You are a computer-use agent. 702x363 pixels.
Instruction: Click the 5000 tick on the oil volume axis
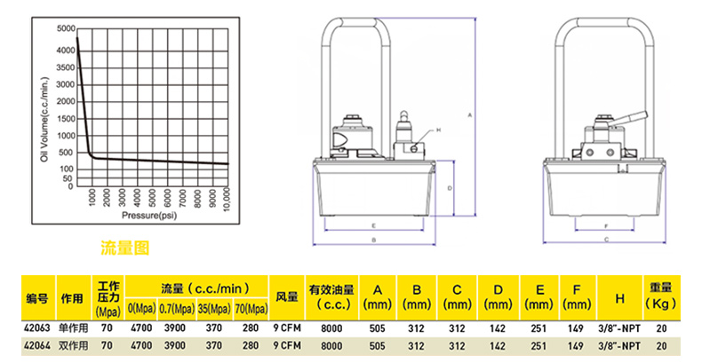[x=66, y=29]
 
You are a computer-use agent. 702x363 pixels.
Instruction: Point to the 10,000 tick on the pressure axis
[x=226, y=200]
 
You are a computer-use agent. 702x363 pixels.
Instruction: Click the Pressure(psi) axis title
[x=149, y=216]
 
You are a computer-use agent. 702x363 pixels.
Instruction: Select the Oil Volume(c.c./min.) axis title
[x=44, y=120]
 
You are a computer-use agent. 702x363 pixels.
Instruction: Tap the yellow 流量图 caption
[x=124, y=248]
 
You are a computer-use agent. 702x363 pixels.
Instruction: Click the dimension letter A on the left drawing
[x=470, y=115]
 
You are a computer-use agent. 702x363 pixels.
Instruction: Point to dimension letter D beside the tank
[x=450, y=188]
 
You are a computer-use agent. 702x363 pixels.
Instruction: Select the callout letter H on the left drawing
[x=438, y=130]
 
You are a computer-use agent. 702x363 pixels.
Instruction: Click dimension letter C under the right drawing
[x=607, y=240]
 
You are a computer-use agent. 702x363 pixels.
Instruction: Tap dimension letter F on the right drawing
[x=605, y=225]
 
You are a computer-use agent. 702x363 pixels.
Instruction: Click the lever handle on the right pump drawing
[x=630, y=117]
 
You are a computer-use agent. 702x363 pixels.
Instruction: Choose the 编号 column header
[x=37, y=298]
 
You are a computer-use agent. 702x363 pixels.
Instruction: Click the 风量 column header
[x=287, y=296]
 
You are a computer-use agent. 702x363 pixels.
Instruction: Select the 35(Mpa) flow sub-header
[x=214, y=309]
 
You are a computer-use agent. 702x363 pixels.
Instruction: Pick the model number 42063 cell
[x=36, y=328]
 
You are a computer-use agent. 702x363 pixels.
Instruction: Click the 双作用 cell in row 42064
[x=74, y=345]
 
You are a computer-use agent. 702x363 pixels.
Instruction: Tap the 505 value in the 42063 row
[x=378, y=328]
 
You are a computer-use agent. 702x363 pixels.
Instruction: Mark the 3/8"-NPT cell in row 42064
[x=619, y=346]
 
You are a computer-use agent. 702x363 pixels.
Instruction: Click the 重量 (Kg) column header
[x=661, y=296]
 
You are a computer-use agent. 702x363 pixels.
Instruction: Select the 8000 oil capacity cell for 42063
[x=331, y=328]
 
